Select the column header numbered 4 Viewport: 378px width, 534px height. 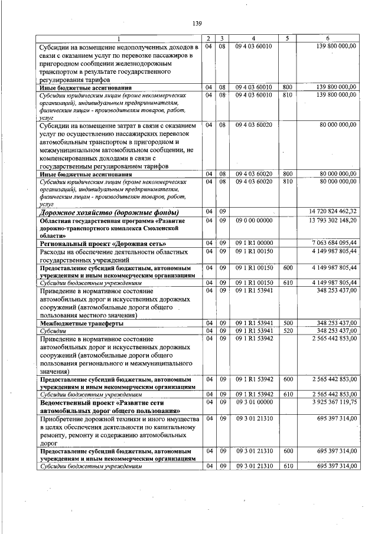(x=253, y=38)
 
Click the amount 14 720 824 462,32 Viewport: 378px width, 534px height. (x=333, y=211)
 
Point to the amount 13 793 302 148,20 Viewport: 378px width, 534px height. (x=333, y=220)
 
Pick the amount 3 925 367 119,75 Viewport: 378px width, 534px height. (x=334, y=402)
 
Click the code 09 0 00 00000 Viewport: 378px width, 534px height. (x=253, y=220)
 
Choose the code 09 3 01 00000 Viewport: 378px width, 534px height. (x=253, y=402)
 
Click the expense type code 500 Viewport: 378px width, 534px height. (x=288, y=323)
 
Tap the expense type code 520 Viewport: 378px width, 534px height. (x=288, y=331)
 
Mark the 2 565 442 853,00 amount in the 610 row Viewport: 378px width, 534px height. (x=334, y=394)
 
